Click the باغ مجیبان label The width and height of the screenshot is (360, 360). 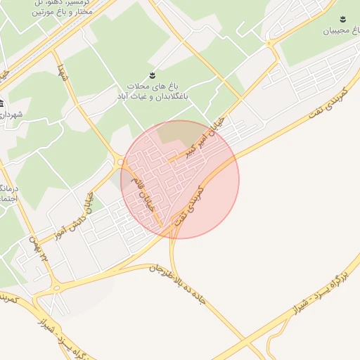(340, 31)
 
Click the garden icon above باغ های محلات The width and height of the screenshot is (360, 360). (152, 75)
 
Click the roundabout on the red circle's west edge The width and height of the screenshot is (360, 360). (121, 162)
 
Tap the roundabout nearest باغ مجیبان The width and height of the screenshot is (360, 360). (269, 44)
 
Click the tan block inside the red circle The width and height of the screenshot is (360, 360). (179, 134)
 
